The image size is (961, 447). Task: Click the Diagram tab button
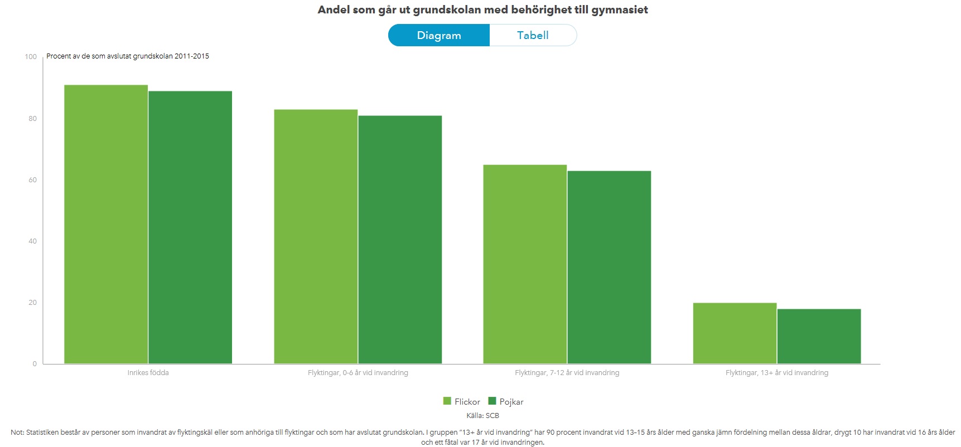pos(439,35)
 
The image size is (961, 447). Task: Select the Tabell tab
pos(533,35)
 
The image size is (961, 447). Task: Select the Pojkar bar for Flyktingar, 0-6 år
pos(400,240)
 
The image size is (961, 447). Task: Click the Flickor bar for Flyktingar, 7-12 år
pos(525,264)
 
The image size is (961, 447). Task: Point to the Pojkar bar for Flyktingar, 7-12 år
pos(609,268)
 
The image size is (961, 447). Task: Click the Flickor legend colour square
pos(447,401)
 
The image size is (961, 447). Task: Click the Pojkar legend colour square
pos(492,401)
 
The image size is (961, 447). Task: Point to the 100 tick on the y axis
pos(31,57)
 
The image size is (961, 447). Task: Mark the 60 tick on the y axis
pos(32,180)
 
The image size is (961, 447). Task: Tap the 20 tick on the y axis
pos(32,303)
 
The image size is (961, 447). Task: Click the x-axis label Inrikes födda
pos(148,373)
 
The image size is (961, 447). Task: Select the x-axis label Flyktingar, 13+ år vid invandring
pos(776,373)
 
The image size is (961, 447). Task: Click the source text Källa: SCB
pos(482,416)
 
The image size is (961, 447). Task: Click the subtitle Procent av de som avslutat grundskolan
pos(128,56)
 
